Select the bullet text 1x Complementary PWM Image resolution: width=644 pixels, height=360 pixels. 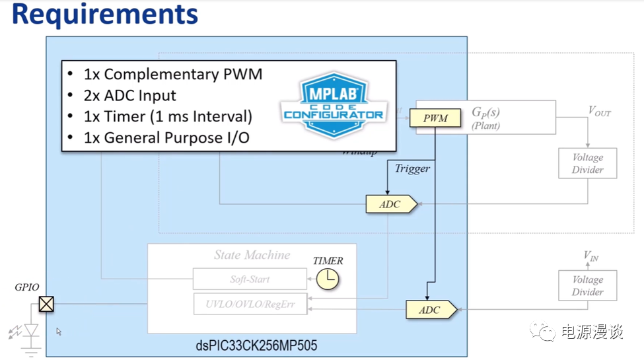click(173, 74)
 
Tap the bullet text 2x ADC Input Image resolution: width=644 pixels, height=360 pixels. click(130, 95)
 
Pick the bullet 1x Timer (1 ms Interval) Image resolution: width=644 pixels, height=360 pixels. click(168, 116)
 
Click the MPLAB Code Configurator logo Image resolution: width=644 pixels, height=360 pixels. click(333, 105)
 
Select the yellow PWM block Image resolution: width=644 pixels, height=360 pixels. click(435, 118)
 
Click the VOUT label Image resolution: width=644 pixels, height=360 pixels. click(599, 112)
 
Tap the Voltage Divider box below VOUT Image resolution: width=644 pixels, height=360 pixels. click(587, 163)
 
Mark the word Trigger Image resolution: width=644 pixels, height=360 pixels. click(412, 168)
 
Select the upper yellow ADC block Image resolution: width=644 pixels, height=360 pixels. click(391, 204)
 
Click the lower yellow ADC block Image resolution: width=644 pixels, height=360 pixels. click(431, 309)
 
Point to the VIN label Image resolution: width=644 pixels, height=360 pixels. click(591, 256)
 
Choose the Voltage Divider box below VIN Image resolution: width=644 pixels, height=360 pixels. click(587, 285)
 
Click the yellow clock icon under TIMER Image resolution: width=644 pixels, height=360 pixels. click(327, 279)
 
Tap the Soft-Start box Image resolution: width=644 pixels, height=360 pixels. click(250, 279)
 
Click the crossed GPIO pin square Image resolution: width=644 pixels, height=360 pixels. click(46, 304)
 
